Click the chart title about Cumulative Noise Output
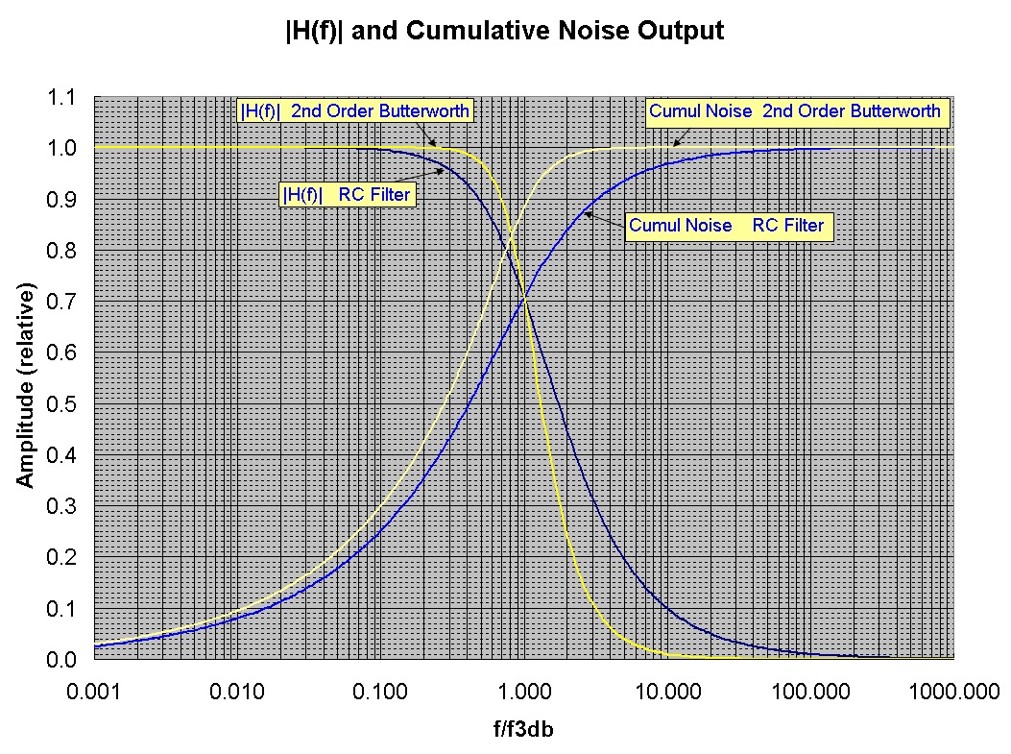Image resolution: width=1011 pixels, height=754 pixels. (504, 31)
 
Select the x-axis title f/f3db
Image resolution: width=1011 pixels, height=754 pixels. (523, 729)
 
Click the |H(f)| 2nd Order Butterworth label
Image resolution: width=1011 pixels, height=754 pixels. (354, 111)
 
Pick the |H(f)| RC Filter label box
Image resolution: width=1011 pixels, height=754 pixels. (347, 195)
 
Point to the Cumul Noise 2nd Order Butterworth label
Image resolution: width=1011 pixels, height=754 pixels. (795, 111)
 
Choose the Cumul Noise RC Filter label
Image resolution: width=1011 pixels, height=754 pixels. (726, 227)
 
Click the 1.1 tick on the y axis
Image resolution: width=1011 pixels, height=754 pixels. (61, 97)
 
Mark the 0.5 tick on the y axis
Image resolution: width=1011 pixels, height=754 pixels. (61, 404)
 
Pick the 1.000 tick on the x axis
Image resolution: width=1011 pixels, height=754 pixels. (524, 691)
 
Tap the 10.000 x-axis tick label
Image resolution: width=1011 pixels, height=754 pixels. (664, 691)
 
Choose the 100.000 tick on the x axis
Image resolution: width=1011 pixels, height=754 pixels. (807, 691)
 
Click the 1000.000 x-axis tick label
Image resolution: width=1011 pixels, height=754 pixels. (951, 691)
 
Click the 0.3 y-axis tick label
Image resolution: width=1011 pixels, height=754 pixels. (61, 507)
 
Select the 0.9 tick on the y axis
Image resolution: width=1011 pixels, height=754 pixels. (61, 200)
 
